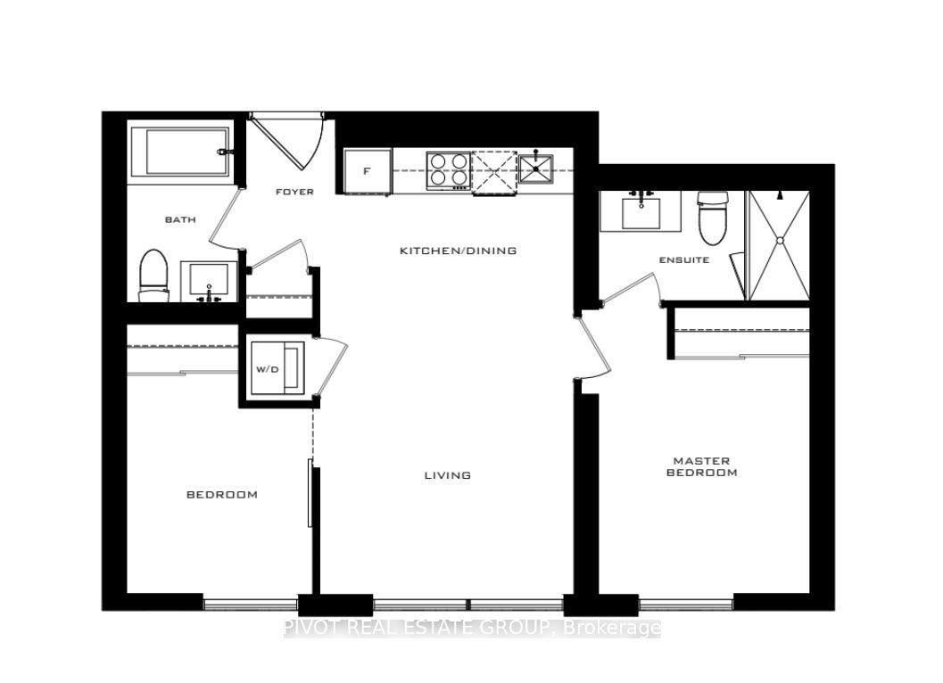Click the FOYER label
coord(294,192)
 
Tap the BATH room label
coord(180,219)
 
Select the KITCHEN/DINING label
coord(459,251)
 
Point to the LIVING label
coord(448,475)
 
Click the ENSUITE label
coord(684,259)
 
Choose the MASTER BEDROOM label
coord(702,466)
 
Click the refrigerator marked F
coord(367,171)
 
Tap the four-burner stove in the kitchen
coord(448,170)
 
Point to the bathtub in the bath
coord(181,152)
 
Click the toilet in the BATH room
coord(153,276)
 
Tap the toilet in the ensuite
coord(713,218)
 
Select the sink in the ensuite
coord(641,211)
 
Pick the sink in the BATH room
coord(210,282)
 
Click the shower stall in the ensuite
coord(778,245)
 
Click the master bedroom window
coord(685,604)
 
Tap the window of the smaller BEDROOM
coord(250,604)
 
